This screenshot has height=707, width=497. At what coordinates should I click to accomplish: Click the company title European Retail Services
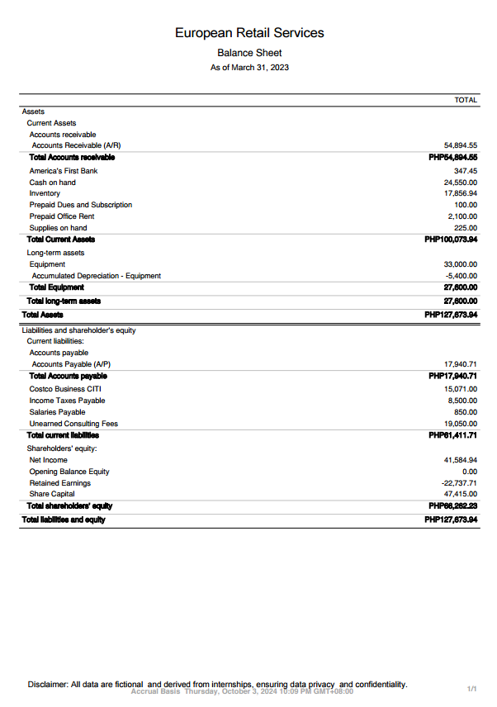[249, 33]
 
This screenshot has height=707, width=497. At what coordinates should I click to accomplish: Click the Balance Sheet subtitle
[249, 53]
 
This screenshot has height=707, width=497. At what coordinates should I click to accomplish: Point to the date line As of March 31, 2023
[249, 68]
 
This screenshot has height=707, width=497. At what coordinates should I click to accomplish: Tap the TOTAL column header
[466, 100]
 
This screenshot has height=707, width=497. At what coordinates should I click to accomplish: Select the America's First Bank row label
[64, 171]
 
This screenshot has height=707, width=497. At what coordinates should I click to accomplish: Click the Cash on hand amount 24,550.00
[461, 183]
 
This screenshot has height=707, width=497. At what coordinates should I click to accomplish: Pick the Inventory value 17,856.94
[461, 193]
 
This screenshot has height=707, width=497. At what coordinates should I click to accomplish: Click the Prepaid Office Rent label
[62, 216]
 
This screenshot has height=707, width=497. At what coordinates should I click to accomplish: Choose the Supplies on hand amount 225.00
[466, 228]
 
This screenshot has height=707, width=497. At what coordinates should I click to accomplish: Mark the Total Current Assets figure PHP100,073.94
[451, 240]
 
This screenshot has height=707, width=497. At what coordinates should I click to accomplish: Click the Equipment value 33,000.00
[461, 264]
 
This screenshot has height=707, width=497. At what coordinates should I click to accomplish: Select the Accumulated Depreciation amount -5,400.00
[461, 276]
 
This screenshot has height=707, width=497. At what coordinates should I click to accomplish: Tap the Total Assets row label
[42, 315]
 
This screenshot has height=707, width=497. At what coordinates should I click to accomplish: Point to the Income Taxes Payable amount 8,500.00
[462, 401]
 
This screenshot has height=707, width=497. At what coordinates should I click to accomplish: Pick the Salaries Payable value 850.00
[466, 412]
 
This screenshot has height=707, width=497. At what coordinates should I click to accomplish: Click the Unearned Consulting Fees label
[73, 424]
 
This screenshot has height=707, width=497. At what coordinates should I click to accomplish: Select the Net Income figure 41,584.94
[461, 460]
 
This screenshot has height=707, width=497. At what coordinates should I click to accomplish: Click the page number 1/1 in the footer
[472, 688]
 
